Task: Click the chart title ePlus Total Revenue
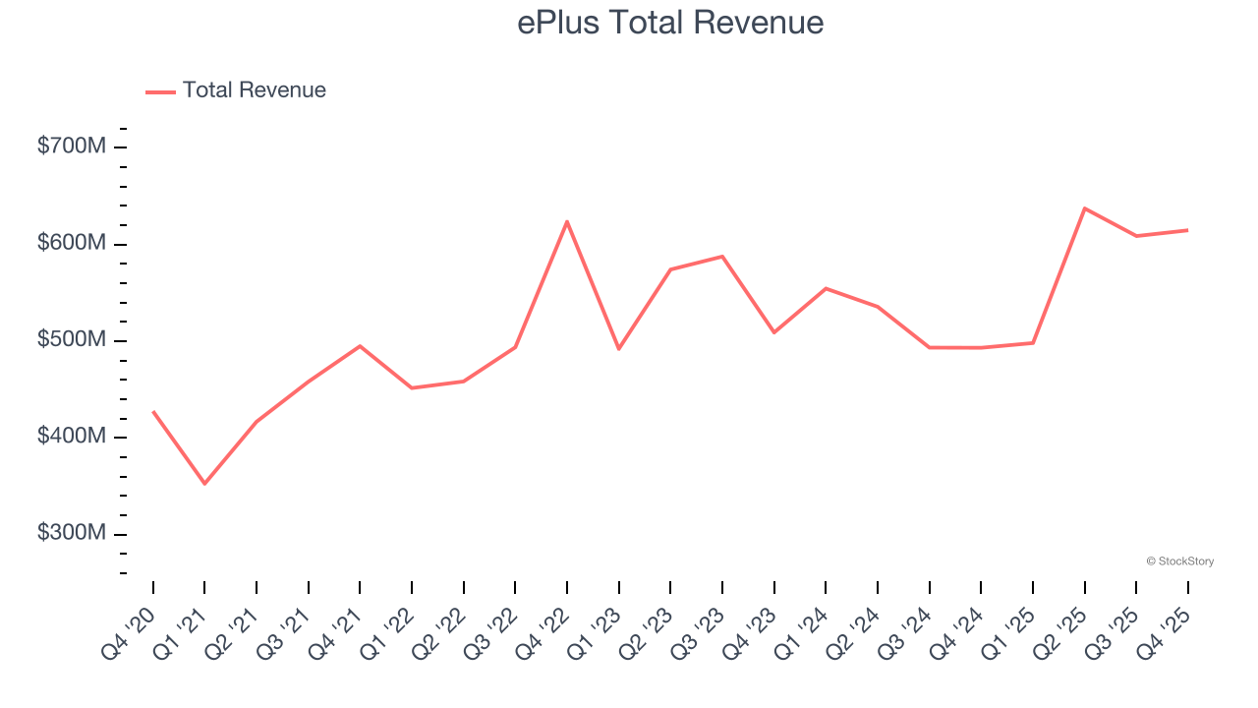[670, 23]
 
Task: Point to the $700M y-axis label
[72, 147]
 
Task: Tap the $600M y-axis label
[72, 243]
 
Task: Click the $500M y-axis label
[72, 340]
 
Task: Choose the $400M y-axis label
[72, 437]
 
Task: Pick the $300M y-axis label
[72, 533]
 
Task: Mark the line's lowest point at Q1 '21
[204, 484]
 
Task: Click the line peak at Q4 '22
[567, 221]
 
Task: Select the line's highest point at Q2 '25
[1084, 208]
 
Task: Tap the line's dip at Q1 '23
[619, 349]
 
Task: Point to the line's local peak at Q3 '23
[722, 257]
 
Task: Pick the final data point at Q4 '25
[1187, 230]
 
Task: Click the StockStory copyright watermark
[1179, 561]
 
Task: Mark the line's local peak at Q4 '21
[360, 346]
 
